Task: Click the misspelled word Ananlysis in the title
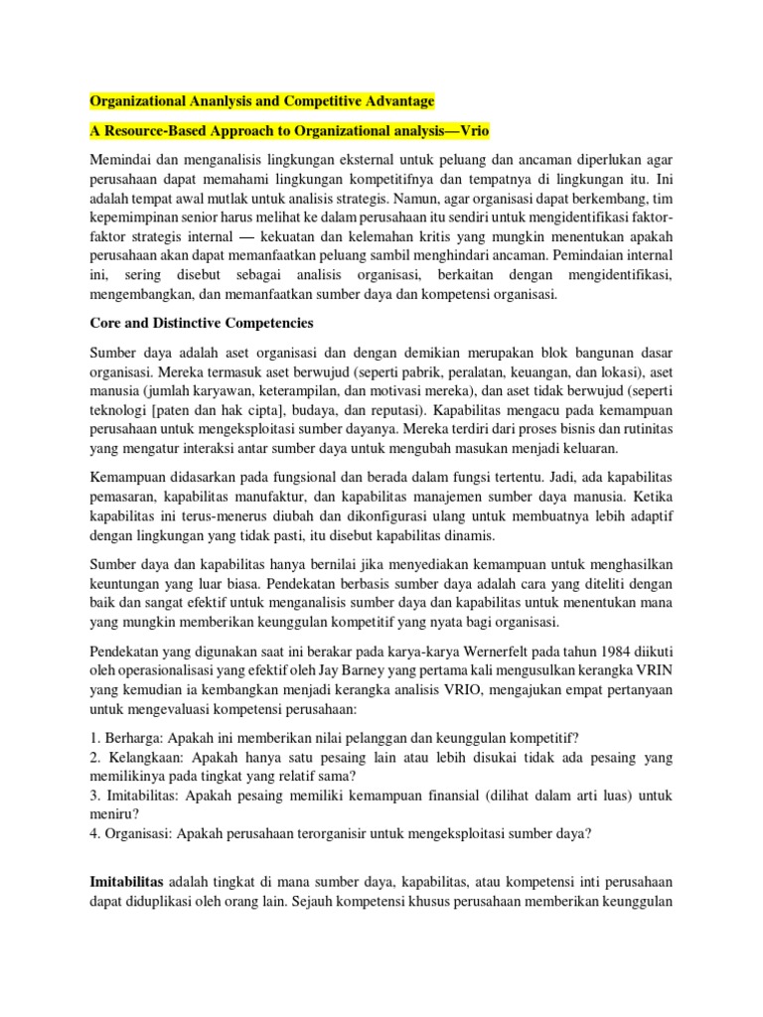click(226, 101)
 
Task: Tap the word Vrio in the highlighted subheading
click(470, 131)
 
